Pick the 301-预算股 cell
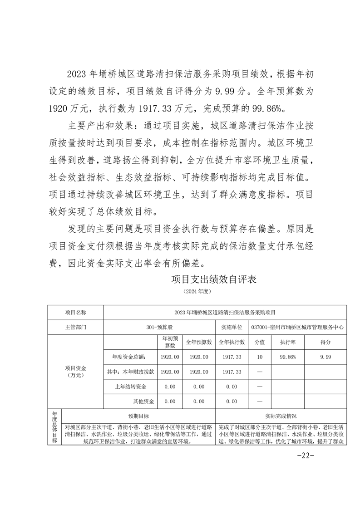[159, 327]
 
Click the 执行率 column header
[288, 342]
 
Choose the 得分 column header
[325, 342]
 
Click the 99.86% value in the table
[288, 357]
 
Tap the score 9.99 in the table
[325, 357]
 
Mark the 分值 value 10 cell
[260, 357]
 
